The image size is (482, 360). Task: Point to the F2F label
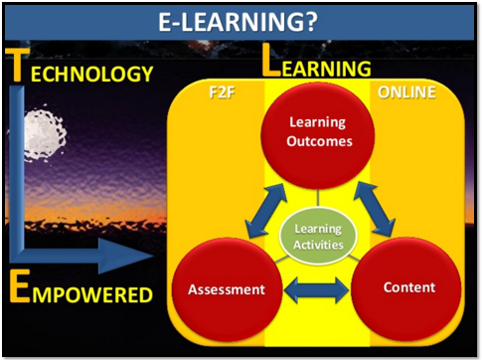point(221,95)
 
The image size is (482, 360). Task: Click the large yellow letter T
point(17,68)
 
